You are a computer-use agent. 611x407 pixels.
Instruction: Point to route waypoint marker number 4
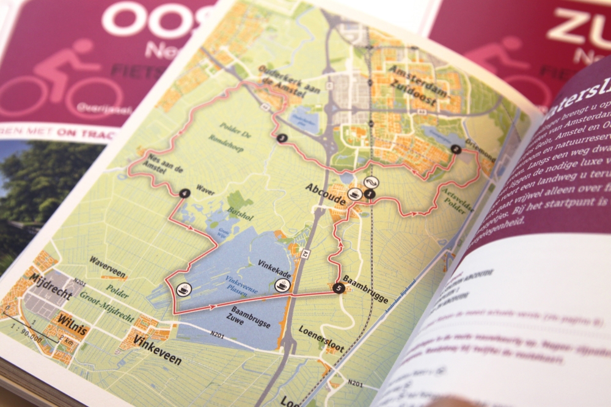[185, 193]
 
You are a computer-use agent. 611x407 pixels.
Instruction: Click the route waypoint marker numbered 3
[281, 138]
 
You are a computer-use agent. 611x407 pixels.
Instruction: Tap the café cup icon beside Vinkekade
[282, 285]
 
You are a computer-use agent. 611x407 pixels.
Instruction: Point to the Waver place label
[205, 191]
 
